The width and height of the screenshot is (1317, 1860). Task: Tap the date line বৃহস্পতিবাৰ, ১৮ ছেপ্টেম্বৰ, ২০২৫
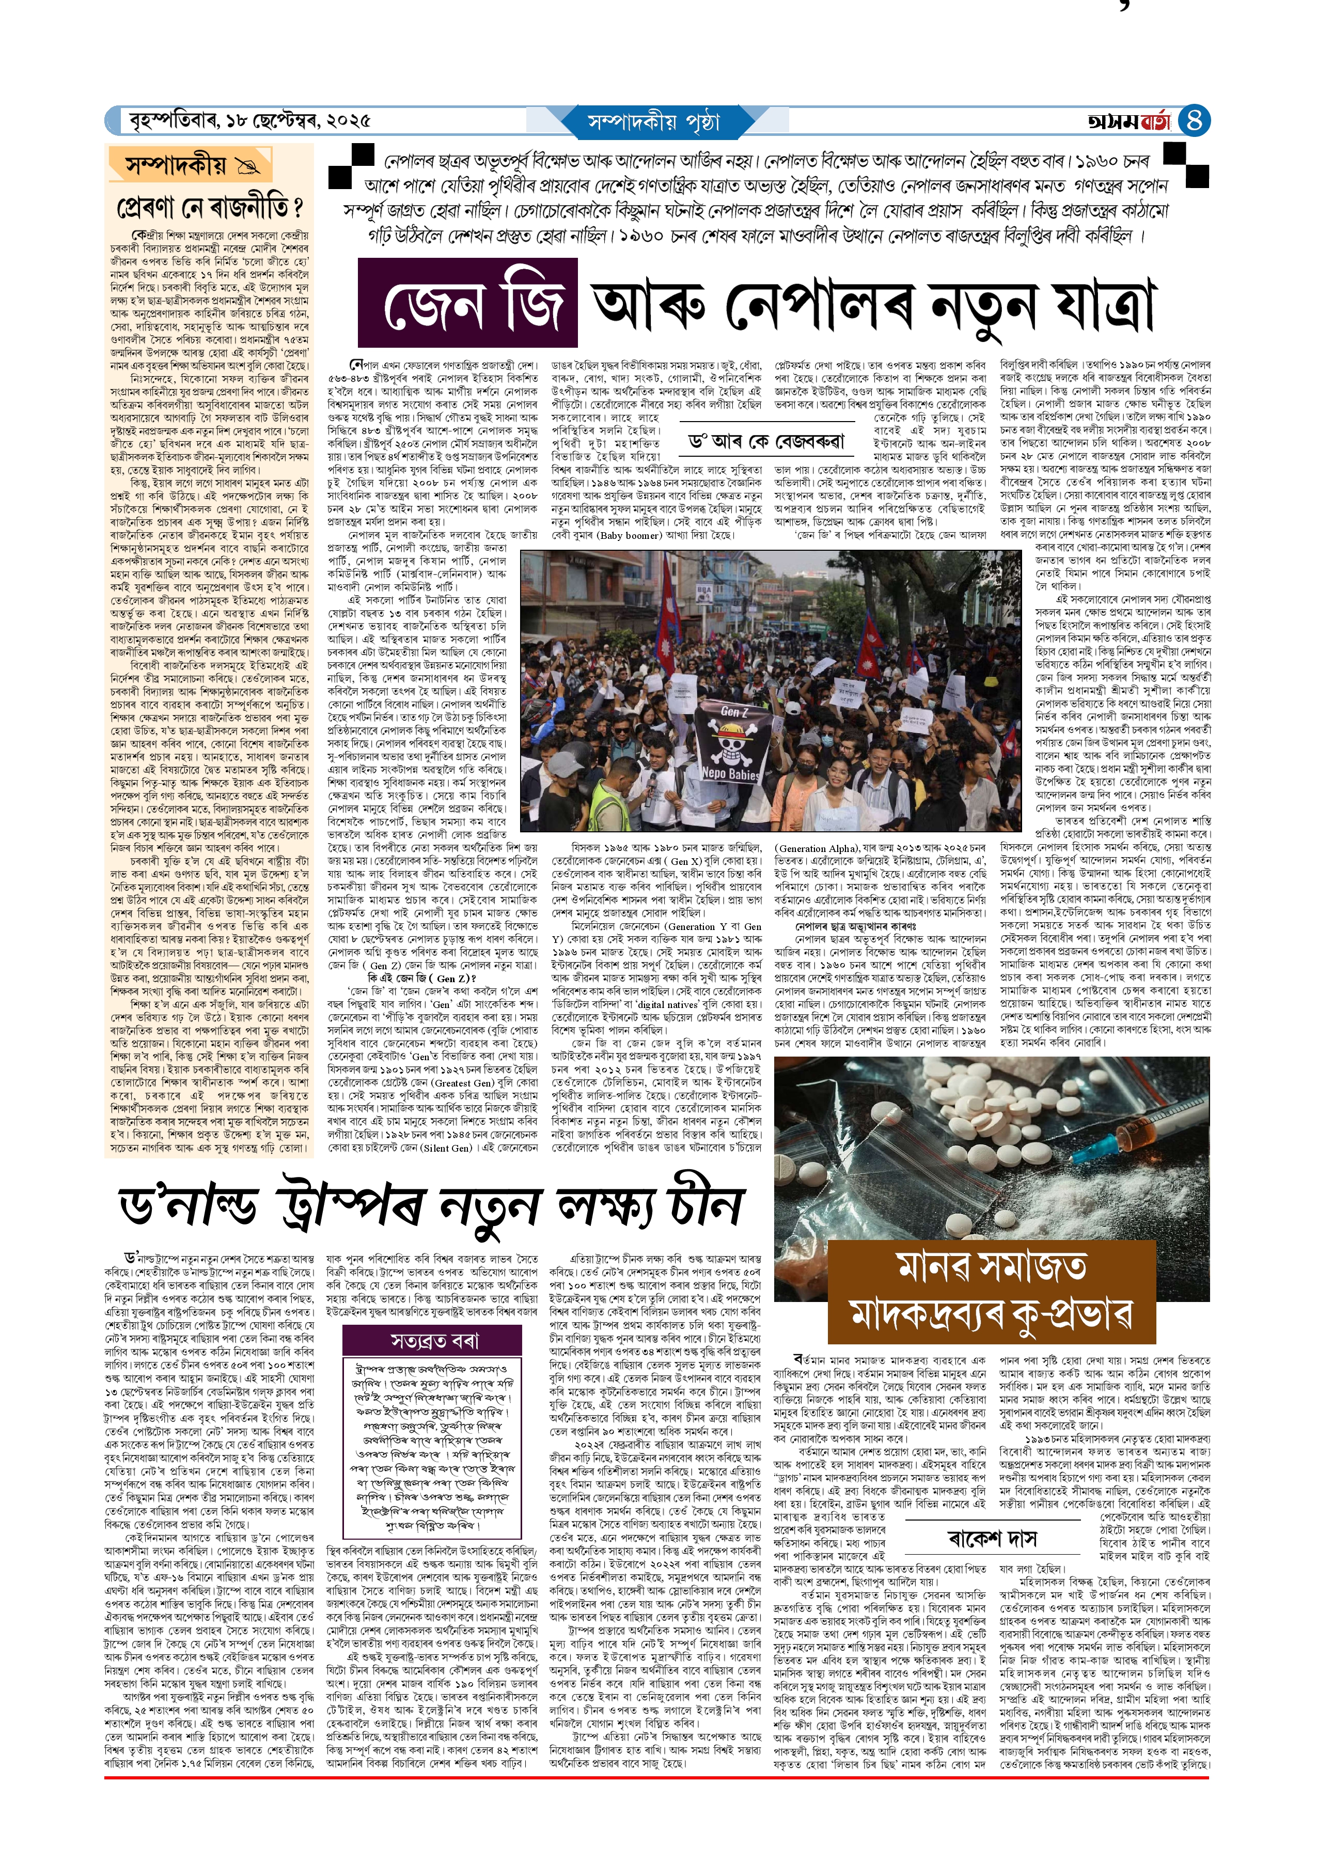coord(250,121)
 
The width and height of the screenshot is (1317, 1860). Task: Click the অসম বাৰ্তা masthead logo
coord(1130,121)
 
